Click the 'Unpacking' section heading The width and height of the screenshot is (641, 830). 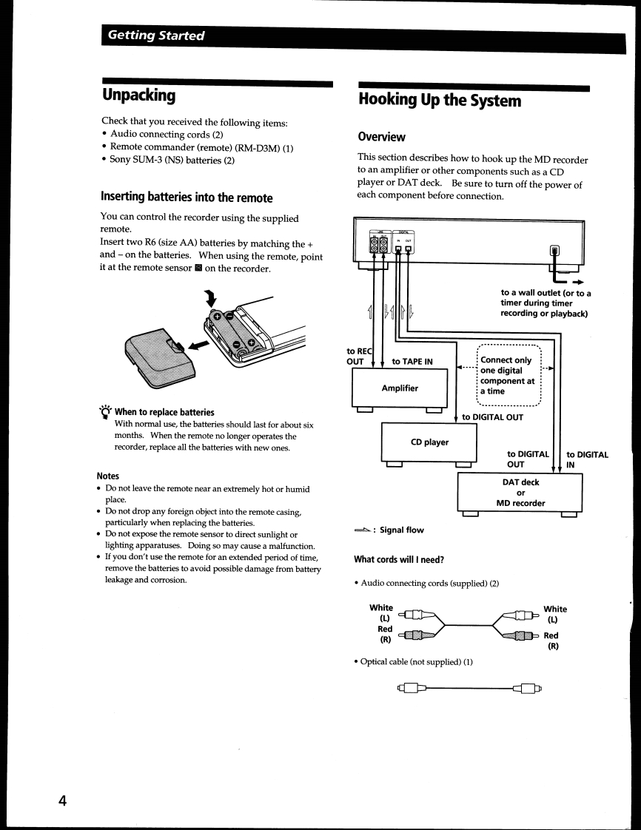tap(138, 95)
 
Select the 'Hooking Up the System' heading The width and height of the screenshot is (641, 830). tap(440, 100)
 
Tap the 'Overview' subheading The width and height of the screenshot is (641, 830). tap(381, 137)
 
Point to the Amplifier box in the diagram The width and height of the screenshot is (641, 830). tap(400, 388)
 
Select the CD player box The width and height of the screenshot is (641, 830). tap(429, 442)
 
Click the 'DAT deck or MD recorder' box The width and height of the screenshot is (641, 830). tap(520, 493)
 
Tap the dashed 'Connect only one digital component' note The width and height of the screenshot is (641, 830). tap(508, 376)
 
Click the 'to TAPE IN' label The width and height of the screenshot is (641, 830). tap(412, 361)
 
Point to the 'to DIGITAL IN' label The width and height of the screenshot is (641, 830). tap(587, 459)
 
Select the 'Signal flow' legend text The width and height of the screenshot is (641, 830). tap(402, 530)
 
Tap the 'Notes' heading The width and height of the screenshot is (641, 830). tap(107, 476)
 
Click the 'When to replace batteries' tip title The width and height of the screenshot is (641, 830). tap(164, 412)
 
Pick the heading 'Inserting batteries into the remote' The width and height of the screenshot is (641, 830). tap(187, 198)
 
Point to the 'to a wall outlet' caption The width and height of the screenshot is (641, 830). tap(546, 303)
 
